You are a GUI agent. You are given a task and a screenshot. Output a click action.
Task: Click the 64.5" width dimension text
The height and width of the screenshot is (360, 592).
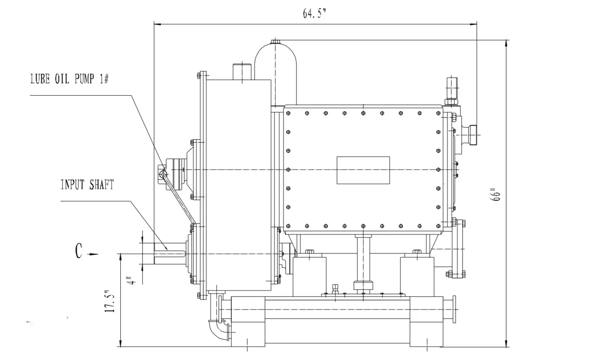314,14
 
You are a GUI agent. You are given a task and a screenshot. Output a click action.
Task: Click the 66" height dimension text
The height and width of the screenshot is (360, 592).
496,194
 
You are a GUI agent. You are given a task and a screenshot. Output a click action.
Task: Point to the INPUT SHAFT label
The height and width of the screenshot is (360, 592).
87,185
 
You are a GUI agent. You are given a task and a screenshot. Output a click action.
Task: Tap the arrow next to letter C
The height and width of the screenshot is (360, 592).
93,254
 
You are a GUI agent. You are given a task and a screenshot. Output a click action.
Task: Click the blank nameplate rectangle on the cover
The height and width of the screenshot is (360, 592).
363,170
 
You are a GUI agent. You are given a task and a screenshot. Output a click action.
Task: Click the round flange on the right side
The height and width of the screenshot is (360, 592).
459,248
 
